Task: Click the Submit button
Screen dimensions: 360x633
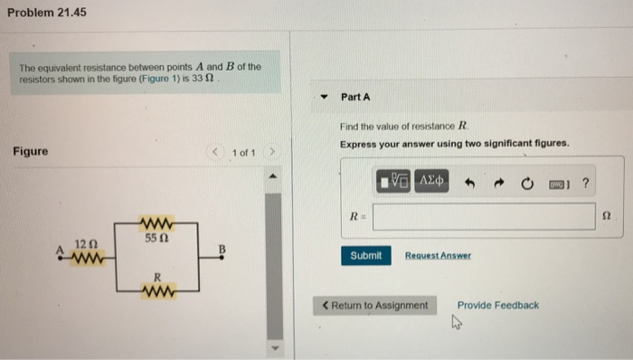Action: [365, 256]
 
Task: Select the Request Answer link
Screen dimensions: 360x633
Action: [438, 256]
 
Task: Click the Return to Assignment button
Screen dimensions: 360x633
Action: [374, 305]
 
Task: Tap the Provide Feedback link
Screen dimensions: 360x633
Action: [497, 305]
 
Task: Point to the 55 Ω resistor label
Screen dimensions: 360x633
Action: [155, 238]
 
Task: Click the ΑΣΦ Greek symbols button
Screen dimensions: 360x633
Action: [430, 183]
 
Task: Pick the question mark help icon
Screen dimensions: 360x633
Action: [585, 184]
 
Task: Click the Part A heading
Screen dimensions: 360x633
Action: [355, 97]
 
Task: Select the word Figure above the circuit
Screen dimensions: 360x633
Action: [30, 151]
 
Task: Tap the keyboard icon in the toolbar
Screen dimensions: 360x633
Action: [556, 184]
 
